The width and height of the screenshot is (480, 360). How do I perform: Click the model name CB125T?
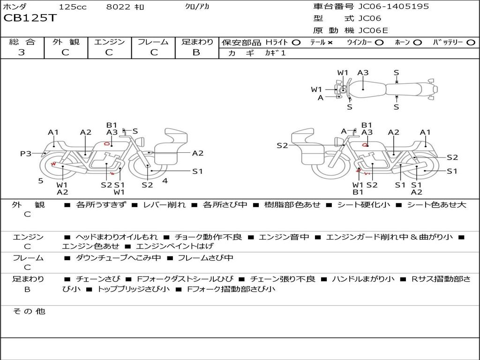pyautogui.click(x=30, y=18)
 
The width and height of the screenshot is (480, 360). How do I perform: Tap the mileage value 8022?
pyautogui.click(x=118, y=7)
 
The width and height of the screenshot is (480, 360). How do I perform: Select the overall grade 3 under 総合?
pyautogui.click(x=22, y=52)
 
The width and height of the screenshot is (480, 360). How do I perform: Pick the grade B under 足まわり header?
pyautogui.click(x=196, y=52)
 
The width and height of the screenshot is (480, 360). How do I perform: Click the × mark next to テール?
pyautogui.click(x=330, y=43)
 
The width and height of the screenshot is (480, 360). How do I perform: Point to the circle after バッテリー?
pyautogui.click(x=471, y=43)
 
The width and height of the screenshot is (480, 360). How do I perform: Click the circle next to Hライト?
pyautogui.click(x=296, y=43)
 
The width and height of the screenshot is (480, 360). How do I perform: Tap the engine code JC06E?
pyautogui.click(x=373, y=30)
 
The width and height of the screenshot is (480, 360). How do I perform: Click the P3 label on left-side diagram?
pyautogui.click(x=26, y=153)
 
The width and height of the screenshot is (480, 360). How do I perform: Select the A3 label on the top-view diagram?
pyautogui.click(x=363, y=73)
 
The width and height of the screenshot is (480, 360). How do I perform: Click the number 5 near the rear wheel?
pyautogui.click(x=41, y=181)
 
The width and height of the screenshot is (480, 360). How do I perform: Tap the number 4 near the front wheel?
pyautogui.click(x=165, y=180)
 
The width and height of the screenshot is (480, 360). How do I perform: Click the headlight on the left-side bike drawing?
pyautogui.click(x=141, y=142)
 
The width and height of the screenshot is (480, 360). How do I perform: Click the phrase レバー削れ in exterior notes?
pyautogui.click(x=165, y=204)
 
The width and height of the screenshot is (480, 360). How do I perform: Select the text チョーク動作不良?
pyautogui.click(x=208, y=237)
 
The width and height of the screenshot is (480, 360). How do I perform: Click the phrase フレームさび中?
pyautogui.click(x=205, y=258)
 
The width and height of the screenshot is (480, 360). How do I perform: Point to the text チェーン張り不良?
pyautogui.click(x=283, y=279)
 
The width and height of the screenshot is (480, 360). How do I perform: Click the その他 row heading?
pyautogui.click(x=29, y=311)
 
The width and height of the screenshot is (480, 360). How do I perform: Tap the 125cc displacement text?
pyautogui.click(x=73, y=7)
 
